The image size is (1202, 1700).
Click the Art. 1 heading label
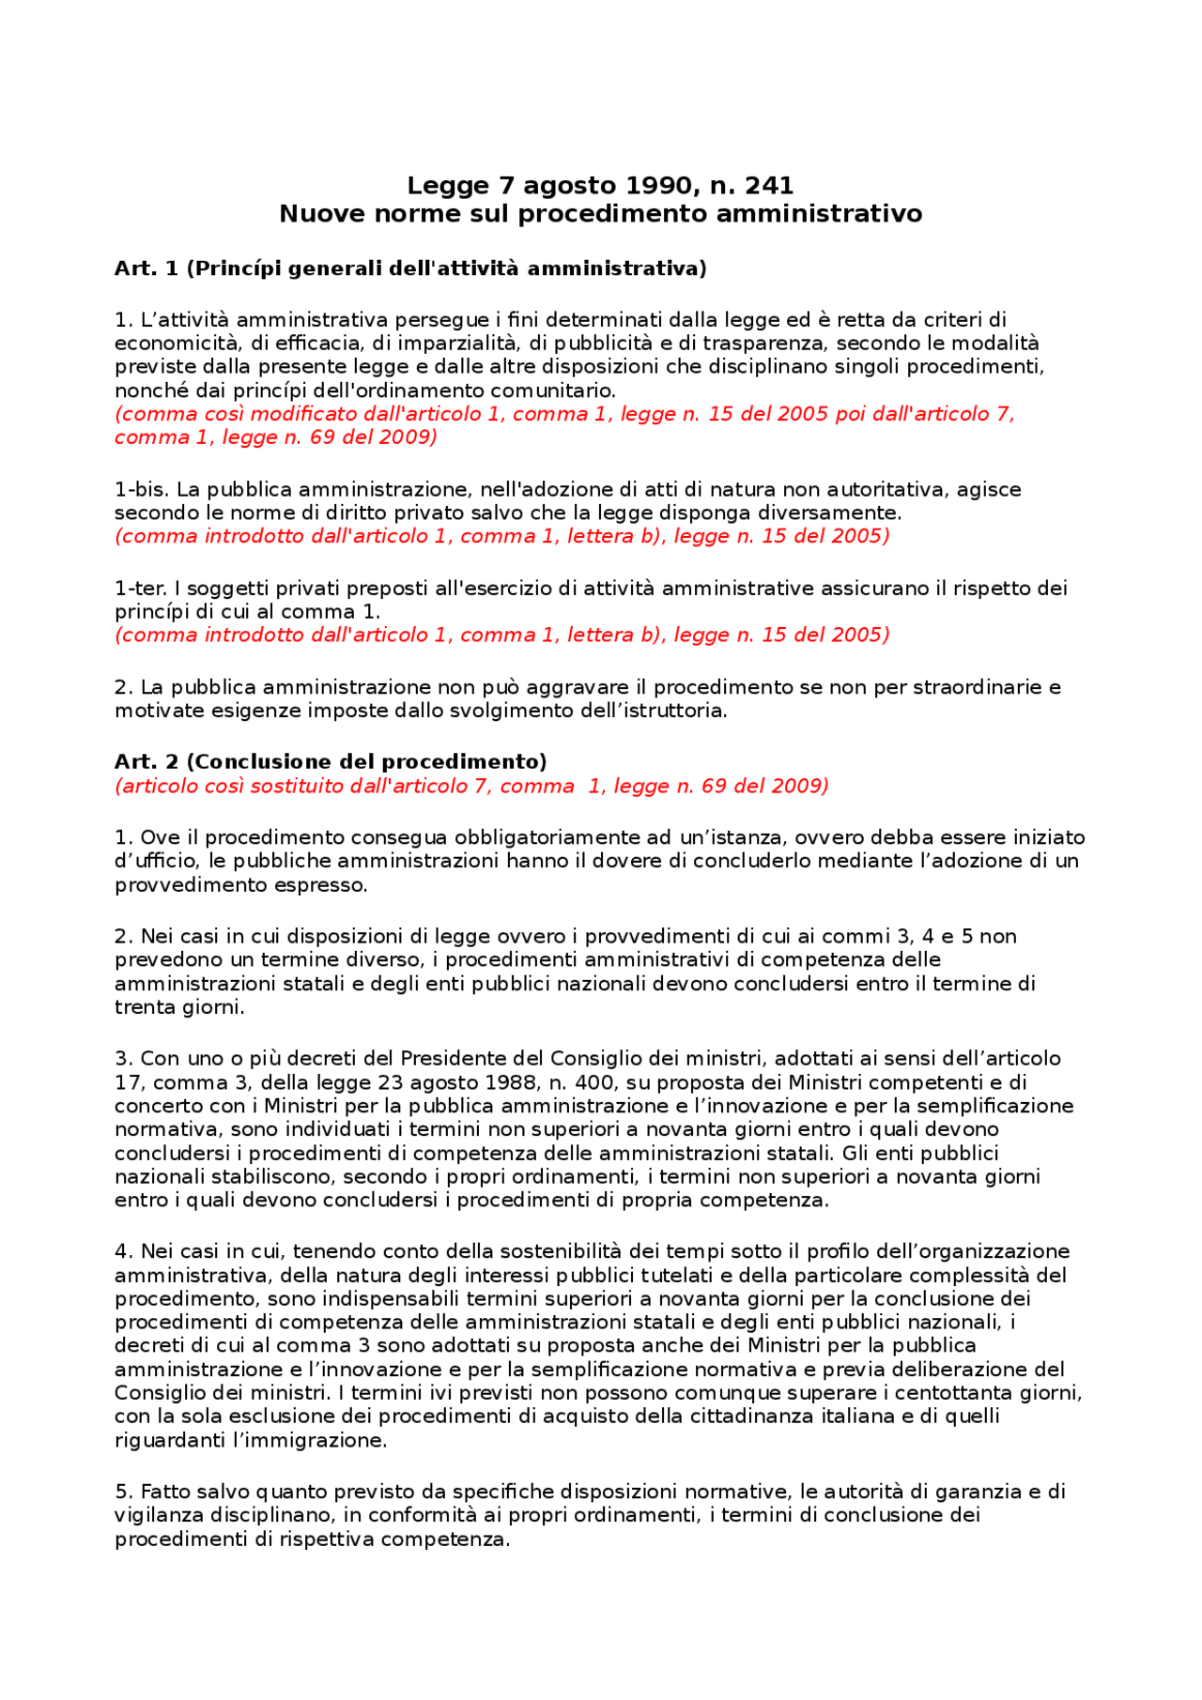point(146,269)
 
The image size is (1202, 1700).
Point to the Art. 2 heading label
point(146,762)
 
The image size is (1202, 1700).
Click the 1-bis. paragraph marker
point(142,490)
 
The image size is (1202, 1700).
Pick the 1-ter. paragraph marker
point(142,589)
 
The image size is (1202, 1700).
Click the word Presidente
point(452,1059)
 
